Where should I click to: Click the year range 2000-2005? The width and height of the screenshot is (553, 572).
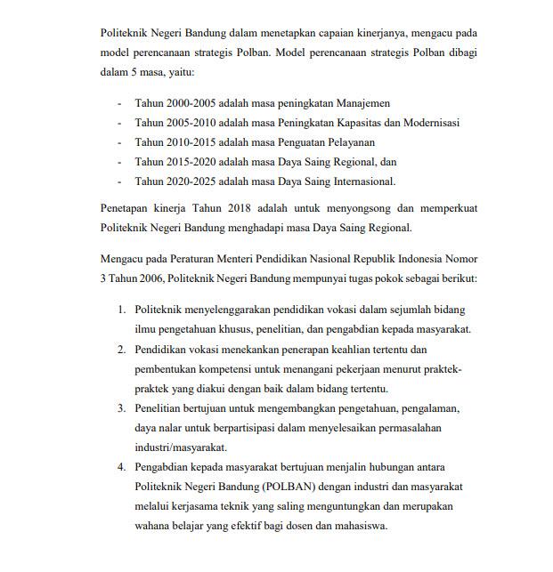(x=193, y=103)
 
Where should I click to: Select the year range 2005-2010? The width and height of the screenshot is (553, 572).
(x=193, y=123)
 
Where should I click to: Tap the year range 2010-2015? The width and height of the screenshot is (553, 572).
(x=193, y=142)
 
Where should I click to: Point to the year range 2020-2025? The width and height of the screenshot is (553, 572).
(x=193, y=181)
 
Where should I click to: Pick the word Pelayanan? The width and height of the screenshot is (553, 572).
(x=350, y=142)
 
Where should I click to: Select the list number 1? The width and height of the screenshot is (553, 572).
(x=121, y=309)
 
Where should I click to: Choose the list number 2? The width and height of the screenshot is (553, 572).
(x=121, y=350)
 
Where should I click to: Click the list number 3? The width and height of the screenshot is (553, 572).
(x=121, y=408)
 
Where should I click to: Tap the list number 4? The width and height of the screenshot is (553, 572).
(x=121, y=468)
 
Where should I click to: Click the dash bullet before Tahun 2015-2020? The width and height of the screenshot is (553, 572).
(x=120, y=162)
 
